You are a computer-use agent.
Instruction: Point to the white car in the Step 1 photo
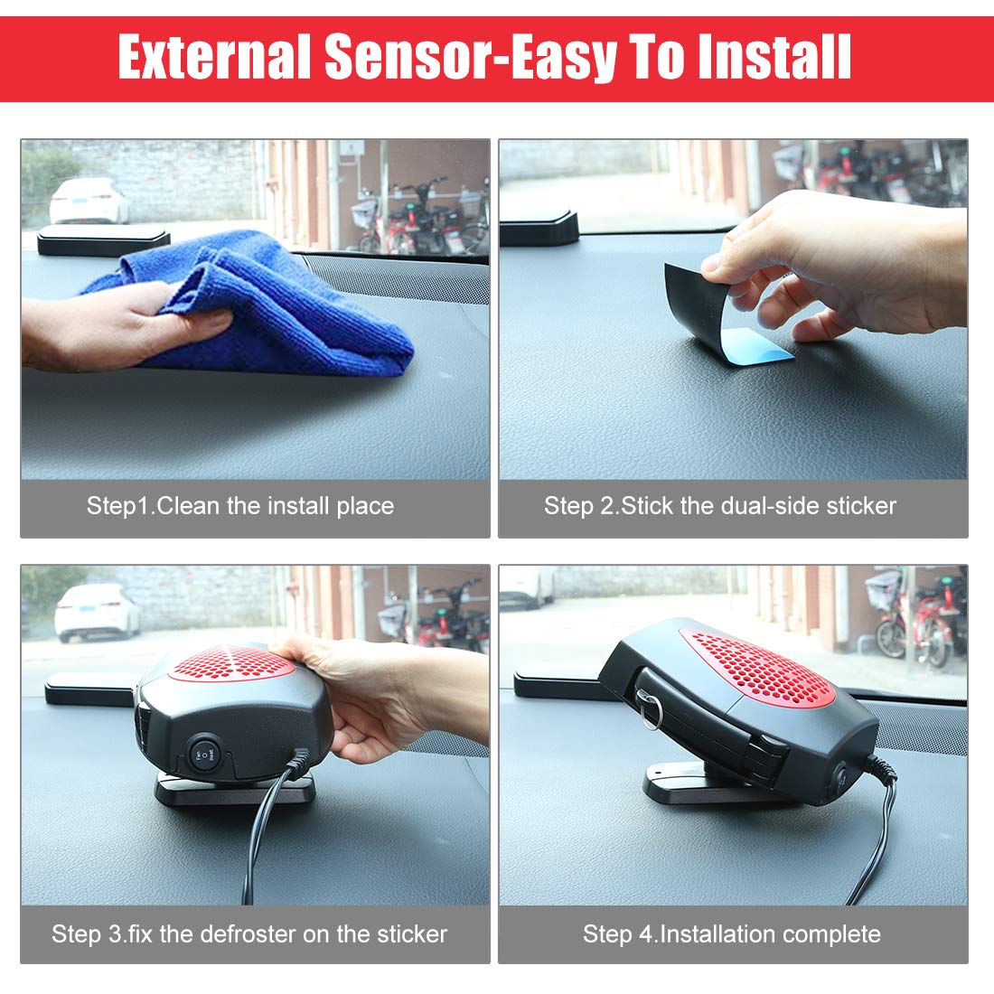(x=89, y=201)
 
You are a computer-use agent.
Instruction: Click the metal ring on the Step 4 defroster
(x=651, y=712)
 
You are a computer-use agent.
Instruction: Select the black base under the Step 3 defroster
(x=235, y=790)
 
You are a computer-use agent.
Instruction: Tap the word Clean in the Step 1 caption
(x=189, y=506)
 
